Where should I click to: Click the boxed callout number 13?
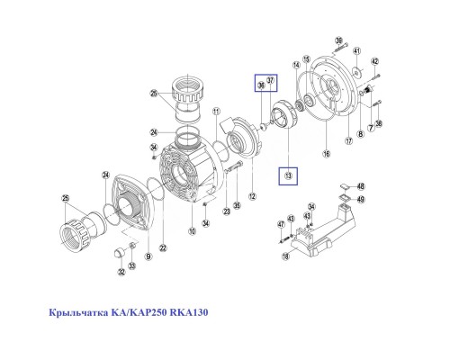(288, 174)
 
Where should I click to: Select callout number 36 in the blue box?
(261, 85)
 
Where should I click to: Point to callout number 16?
(327, 155)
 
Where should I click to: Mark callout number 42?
(376, 61)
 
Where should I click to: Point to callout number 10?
(192, 231)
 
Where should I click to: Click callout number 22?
(162, 248)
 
